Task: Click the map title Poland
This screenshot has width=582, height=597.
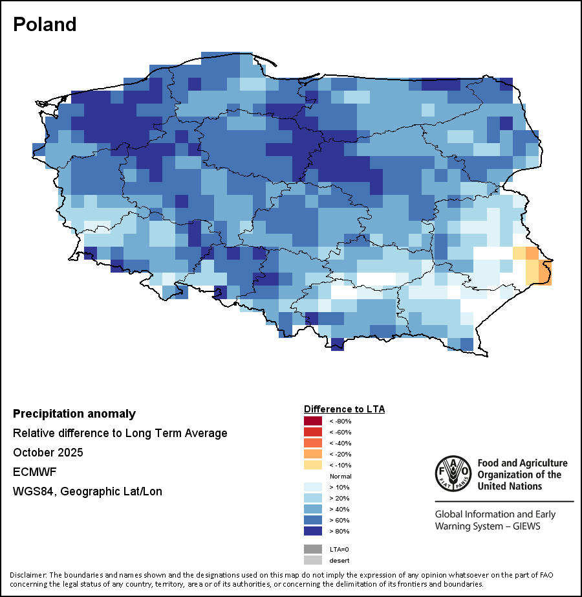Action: pyautogui.click(x=45, y=25)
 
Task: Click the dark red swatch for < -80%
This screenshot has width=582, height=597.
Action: pyautogui.click(x=313, y=421)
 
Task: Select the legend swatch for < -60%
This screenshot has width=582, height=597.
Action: pyautogui.click(x=313, y=432)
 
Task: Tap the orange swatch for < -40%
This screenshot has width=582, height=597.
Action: pyautogui.click(x=313, y=443)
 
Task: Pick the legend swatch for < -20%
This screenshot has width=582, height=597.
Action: pyautogui.click(x=313, y=454)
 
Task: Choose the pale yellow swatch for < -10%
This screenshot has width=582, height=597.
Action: pyautogui.click(x=313, y=465)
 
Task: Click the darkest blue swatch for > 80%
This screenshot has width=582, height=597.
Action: pyautogui.click(x=313, y=531)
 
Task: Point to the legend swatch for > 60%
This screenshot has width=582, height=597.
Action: pyautogui.click(x=313, y=520)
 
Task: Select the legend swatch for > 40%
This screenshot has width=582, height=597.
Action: pyautogui.click(x=313, y=509)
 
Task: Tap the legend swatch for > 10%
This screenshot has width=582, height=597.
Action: pyautogui.click(x=313, y=487)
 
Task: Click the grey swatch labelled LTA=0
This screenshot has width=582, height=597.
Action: pyautogui.click(x=313, y=549)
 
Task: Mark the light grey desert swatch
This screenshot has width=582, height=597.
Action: pyautogui.click(x=313, y=560)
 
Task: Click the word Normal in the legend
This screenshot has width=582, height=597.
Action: pyautogui.click(x=340, y=476)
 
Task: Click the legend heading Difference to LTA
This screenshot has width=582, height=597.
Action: pyautogui.click(x=344, y=409)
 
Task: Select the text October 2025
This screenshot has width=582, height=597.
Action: pyautogui.click(x=48, y=453)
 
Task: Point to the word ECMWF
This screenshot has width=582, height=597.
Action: pyautogui.click(x=31, y=472)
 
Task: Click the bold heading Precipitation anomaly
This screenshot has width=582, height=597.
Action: pyautogui.click(x=74, y=414)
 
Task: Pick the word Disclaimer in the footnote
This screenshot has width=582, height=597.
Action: pyautogui.click(x=28, y=575)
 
